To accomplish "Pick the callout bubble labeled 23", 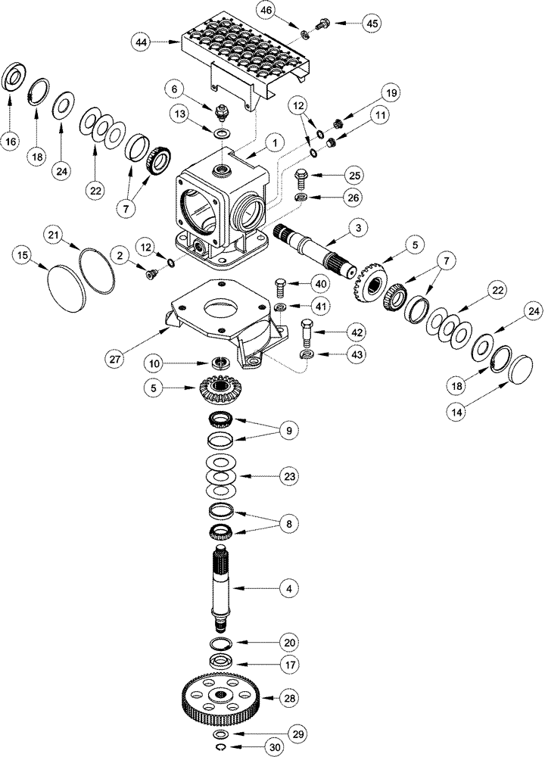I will coord(288,477).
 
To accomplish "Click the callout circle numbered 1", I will coord(276,141).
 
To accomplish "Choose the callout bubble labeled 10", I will coord(154,364).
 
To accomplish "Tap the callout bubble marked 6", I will coord(175,89).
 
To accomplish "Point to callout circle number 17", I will coord(288,667).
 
